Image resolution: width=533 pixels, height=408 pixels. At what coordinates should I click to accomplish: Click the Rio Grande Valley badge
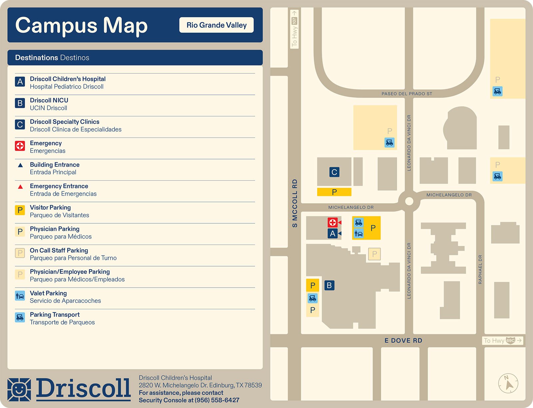[x=217, y=25]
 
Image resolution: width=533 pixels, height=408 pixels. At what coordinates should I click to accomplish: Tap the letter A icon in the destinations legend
[x=20, y=82]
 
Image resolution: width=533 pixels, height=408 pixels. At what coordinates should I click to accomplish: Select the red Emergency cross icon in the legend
[x=20, y=146]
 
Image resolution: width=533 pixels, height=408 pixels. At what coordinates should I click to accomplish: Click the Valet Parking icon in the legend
[x=20, y=296]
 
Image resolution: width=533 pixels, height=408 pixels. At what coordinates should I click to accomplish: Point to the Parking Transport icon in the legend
[x=20, y=317]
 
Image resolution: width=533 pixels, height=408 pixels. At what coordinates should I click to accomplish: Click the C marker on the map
[x=334, y=172]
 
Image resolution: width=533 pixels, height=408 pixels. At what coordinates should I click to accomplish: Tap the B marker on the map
[x=329, y=285]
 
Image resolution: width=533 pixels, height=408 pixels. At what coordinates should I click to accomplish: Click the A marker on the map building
[x=332, y=234]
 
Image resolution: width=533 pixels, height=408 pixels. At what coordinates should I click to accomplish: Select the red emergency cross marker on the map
[x=332, y=222]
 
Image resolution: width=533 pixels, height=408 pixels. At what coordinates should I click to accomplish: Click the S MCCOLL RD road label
[x=295, y=203]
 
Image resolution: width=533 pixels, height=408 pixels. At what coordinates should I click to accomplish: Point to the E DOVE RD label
[x=403, y=340]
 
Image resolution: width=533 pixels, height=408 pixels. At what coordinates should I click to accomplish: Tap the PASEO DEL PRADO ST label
[x=407, y=94]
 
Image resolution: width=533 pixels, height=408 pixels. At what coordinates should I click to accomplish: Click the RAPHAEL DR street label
[x=480, y=269]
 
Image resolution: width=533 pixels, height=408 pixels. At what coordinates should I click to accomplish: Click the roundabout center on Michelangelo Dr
[x=409, y=201]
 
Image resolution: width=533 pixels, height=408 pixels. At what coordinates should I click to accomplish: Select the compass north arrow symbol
[x=508, y=384]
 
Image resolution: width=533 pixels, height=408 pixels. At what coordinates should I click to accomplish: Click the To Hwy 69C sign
[x=502, y=340]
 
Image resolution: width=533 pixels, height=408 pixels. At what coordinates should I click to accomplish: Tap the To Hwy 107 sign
[x=294, y=29]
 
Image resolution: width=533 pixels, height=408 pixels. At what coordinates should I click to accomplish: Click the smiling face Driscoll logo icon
[x=19, y=389]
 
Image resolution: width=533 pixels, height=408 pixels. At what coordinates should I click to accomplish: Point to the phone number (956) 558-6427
[x=217, y=400]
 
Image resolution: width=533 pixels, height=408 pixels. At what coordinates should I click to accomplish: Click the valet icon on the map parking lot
[x=358, y=234]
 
